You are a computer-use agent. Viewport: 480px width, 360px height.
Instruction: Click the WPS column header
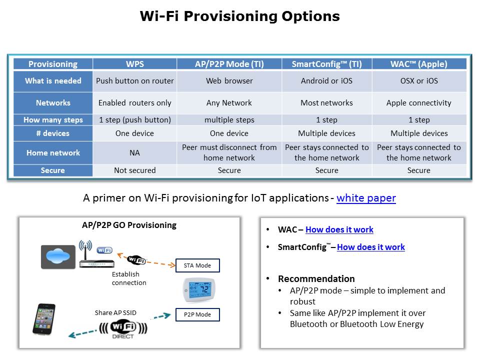coord(134,64)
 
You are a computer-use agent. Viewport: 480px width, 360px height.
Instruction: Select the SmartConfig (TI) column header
coord(326,64)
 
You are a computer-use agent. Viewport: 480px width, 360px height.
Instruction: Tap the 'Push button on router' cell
coord(134,81)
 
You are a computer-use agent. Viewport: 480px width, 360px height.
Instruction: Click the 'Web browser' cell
coord(229,81)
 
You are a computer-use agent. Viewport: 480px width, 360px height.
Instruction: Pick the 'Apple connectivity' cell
coord(419,103)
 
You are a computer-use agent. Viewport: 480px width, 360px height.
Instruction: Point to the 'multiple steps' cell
coord(229,119)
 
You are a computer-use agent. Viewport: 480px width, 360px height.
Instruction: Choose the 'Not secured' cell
coord(134,170)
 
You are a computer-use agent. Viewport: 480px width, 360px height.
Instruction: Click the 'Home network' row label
coord(53,153)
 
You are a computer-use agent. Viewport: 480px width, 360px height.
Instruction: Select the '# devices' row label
coord(53,133)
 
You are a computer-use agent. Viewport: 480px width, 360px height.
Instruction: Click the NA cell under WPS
coord(134,153)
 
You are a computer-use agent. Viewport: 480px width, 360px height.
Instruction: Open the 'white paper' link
coord(366,198)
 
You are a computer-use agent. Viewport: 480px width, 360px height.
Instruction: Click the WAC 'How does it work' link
coord(339,229)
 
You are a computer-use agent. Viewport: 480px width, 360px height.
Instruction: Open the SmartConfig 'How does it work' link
coord(370,247)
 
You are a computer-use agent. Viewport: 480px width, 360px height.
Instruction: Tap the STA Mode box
coord(197,265)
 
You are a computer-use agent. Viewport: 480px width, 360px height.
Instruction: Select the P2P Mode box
coord(197,314)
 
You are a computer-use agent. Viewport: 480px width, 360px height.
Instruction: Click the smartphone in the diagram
coord(44,319)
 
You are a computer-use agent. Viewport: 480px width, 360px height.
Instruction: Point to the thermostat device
coord(199,289)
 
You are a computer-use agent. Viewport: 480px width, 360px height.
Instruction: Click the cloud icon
coord(58,256)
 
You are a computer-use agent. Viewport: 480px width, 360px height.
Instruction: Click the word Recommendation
coord(316,278)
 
